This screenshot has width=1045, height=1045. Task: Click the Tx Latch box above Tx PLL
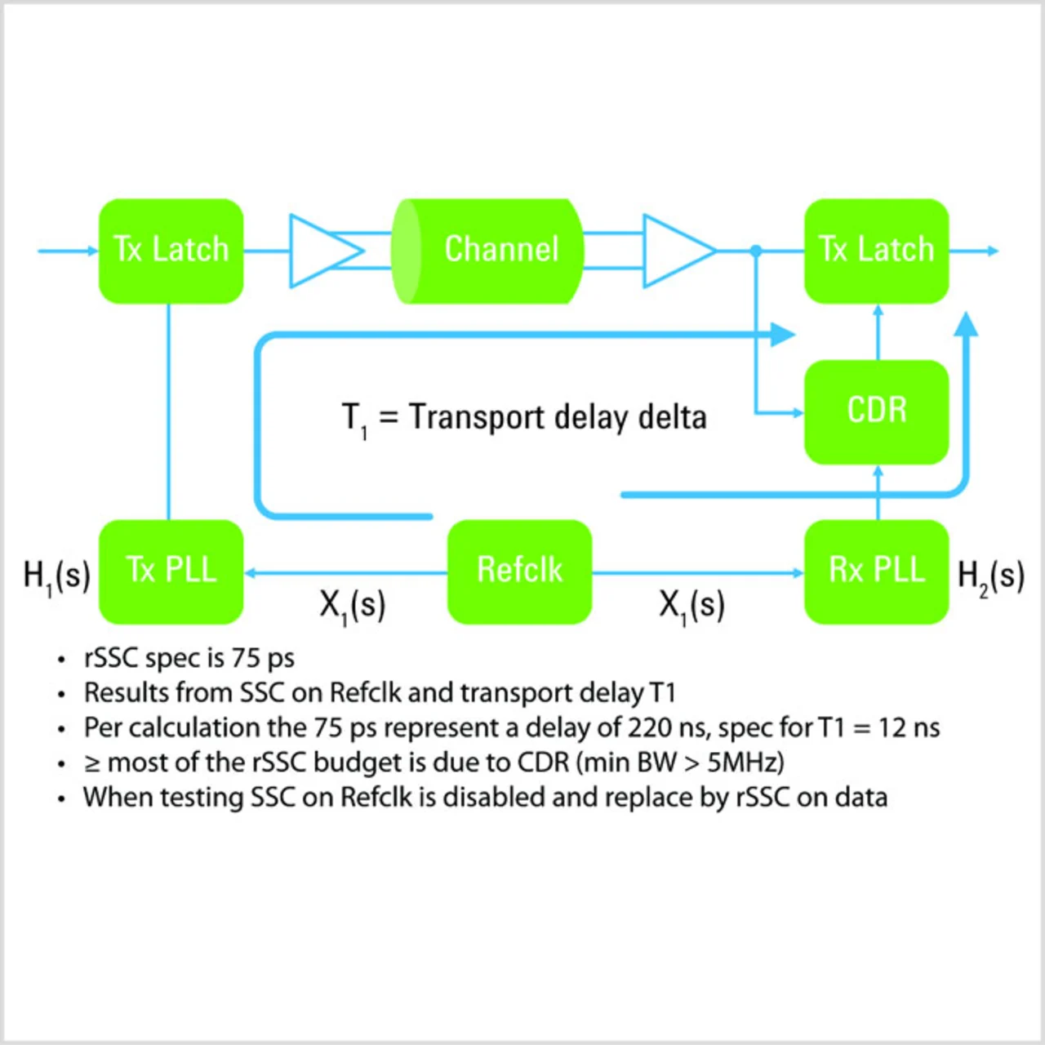tap(171, 251)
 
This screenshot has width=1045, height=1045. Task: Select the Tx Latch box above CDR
tap(876, 251)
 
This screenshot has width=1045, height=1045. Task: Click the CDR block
tap(876, 411)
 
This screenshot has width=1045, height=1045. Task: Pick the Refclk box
tap(519, 571)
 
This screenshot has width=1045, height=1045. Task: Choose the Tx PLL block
tap(171, 571)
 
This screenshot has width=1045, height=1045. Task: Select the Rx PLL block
tap(876, 571)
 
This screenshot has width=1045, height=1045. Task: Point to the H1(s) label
tap(56, 576)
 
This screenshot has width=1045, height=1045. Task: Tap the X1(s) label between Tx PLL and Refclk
tap(352, 606)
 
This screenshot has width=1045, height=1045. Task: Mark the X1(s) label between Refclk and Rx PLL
tap(691, 606)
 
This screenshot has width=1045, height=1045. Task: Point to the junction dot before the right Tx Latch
tap(756, 251)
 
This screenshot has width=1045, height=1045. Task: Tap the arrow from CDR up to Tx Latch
tap(878, 331)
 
